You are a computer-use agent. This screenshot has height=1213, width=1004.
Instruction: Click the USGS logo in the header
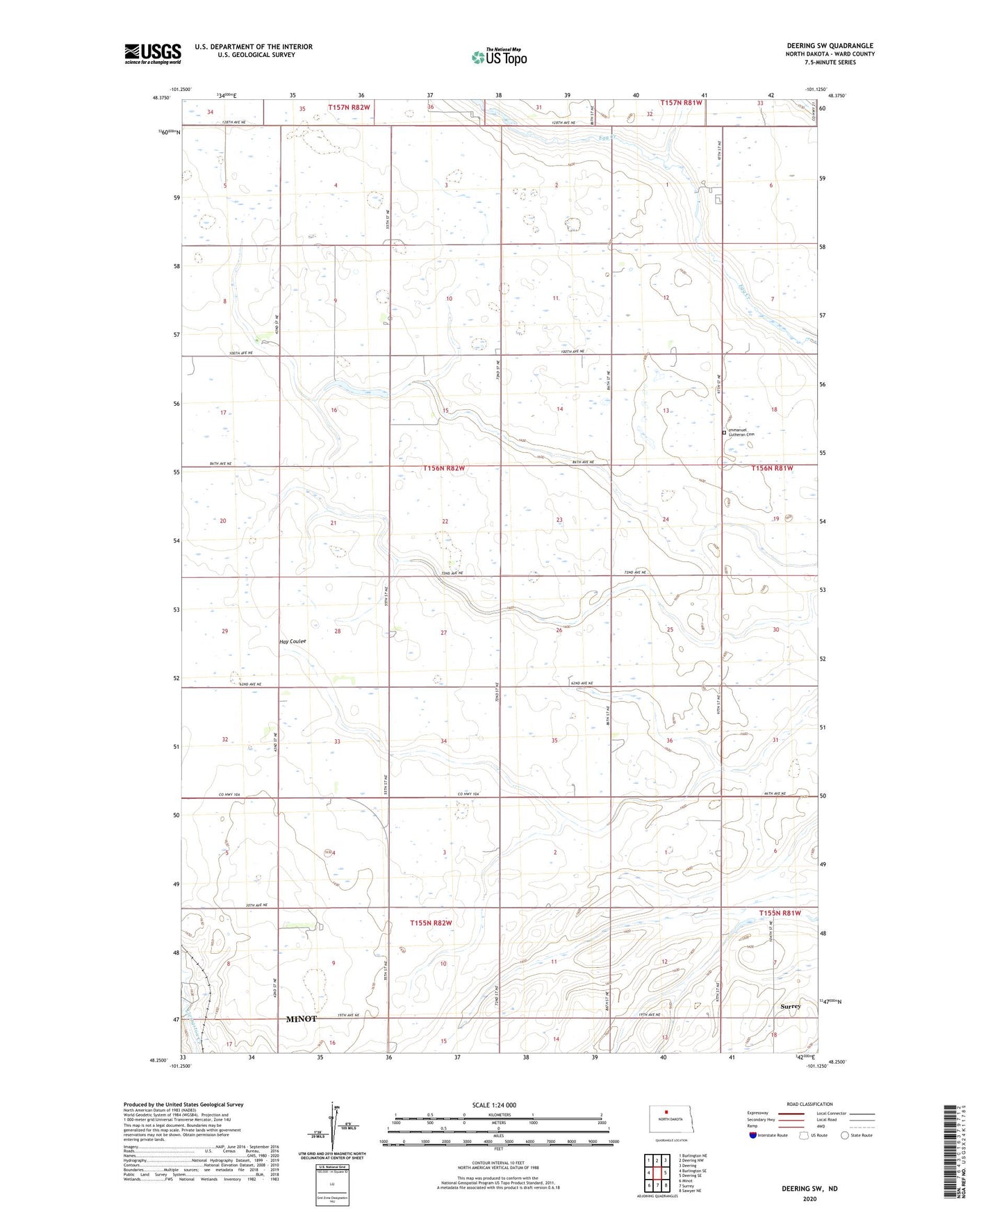tap(153, 53)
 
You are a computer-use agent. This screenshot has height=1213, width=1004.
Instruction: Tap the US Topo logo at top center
tap(499, 57)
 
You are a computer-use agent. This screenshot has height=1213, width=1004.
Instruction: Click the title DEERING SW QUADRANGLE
tap(830, 46)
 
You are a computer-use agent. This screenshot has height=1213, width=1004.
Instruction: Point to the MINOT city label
tap(301, 1018)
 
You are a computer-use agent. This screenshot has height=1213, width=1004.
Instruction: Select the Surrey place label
tap(790, 1006)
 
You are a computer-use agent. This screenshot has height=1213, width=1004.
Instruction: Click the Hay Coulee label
tap(293, 641)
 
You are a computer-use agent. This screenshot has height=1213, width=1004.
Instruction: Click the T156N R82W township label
tap(443, 468)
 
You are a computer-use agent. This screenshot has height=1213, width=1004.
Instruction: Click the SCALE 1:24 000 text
tap(494, 1105)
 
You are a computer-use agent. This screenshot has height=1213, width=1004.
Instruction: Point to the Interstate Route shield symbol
tap(754, 1136)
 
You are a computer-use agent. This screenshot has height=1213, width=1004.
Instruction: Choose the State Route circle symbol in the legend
tap(845, 1136)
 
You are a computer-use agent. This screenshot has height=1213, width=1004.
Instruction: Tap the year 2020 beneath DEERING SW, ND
tap(809, 1198)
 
